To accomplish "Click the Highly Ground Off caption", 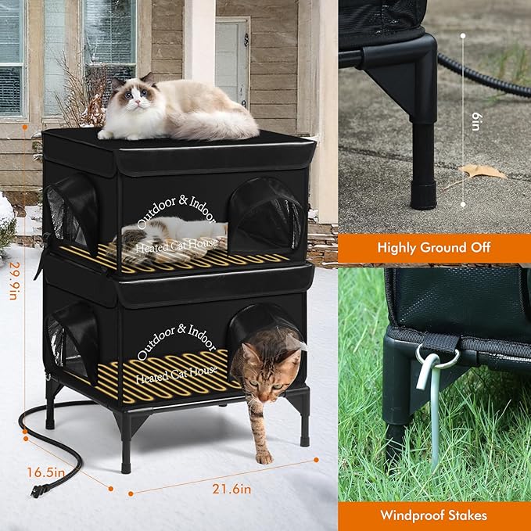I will (434, 247).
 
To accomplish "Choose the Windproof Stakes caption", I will (434, 515).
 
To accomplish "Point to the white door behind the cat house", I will (232, 63).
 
